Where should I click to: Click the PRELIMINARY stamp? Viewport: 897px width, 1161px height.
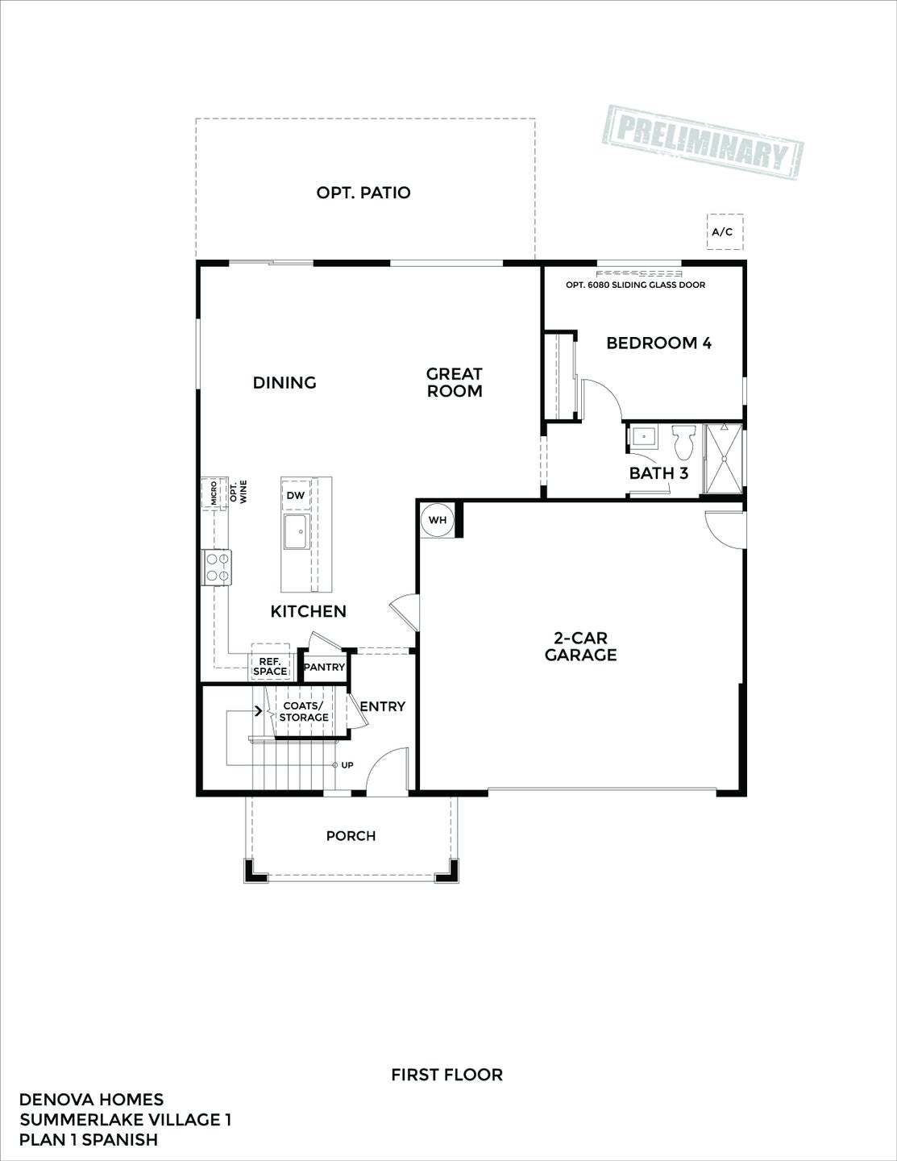click(703, 140)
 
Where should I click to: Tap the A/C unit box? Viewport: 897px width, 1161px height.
click(725, 232)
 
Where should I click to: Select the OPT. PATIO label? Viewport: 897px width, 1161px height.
click(363, 193)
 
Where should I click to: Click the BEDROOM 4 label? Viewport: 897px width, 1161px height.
click(658, 343)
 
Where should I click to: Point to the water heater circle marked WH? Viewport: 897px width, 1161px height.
click(438, 520)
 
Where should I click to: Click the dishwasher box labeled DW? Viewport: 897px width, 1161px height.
click(296, 495)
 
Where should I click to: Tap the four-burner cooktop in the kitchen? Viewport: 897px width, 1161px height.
click(217, 566)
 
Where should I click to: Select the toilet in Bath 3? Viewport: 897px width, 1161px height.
click(684, 441)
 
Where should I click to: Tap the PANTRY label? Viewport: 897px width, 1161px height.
click(324, 668)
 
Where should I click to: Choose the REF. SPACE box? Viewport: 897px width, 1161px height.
click(270, 665)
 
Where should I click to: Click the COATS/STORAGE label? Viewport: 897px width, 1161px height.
click(304, 712)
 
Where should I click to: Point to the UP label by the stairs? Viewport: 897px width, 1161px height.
click(347, 765)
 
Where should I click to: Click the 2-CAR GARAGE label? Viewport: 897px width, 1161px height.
click(580, 647)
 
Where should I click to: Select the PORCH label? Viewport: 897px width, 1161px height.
click(351, 836)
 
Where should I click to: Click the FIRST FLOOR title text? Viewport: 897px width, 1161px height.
click(446, 1075)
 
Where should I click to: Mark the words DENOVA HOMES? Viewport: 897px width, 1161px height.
click(91, 1100)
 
